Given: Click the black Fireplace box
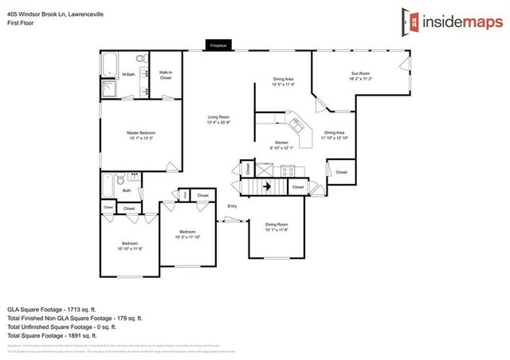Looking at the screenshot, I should coord(218,46).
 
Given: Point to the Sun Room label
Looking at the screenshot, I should coord(362,74).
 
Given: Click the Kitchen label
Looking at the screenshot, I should coord(281,143).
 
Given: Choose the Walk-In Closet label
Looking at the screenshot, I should coord(166,76).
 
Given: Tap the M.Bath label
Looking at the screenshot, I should coord(127,74).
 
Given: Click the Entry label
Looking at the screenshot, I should coord(232,207).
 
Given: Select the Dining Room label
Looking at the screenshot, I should coord(277,225).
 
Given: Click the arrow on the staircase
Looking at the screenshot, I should coord(269,187).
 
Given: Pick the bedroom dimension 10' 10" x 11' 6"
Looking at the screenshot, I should coord(129,248).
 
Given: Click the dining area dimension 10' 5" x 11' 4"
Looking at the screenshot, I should coord(283,84).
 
